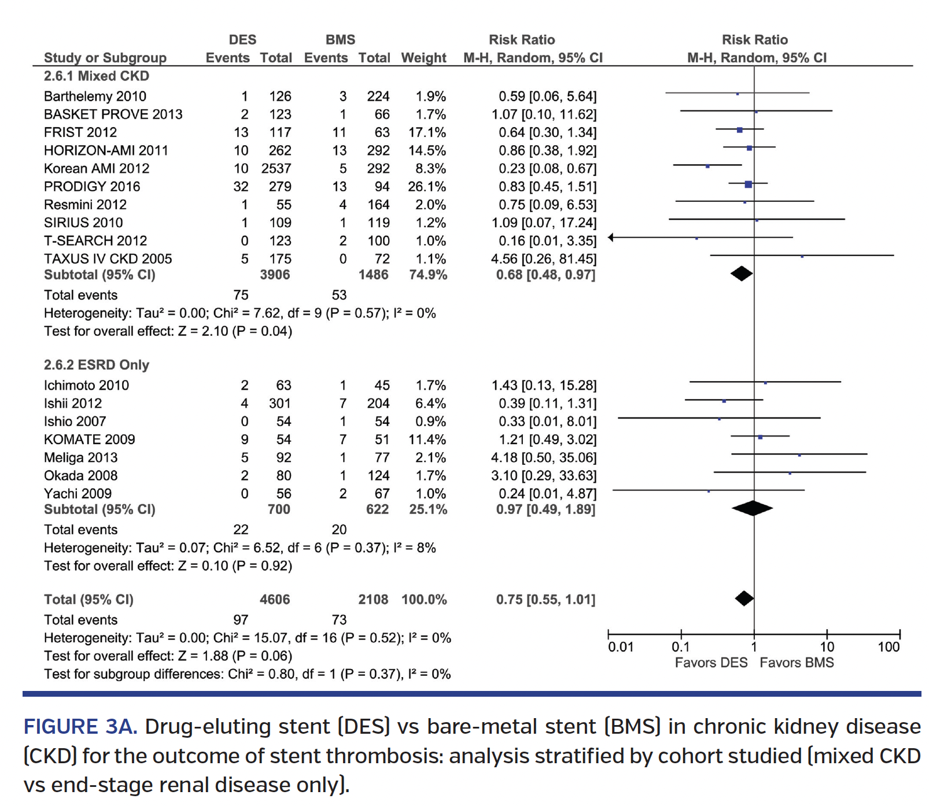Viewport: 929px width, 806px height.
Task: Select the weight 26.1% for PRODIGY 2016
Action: click(427, 187)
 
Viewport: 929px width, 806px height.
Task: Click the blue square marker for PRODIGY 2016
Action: click(748, 184)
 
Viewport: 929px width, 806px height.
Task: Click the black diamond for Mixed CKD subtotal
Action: click(741, 274)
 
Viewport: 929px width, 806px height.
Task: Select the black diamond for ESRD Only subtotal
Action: click(752, 508)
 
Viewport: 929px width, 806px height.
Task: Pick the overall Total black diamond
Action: click(744, 598)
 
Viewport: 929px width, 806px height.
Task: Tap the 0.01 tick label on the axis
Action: click(620, 647)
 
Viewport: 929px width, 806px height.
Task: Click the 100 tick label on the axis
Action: click(888, 647)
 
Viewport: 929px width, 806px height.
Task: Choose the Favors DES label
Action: click(711, 663)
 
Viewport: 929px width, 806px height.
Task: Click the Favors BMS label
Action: click(797, 663)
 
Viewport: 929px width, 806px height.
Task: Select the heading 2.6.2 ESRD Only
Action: click(97, 365)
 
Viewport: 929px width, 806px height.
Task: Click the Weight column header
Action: click(423, 58)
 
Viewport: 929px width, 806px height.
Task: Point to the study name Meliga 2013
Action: click(80, 458)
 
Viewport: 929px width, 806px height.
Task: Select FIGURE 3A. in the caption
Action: click(80, 726)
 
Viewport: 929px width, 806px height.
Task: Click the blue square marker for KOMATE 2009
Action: click(760, 437)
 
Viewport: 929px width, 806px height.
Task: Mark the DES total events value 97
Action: click(241, 620)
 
